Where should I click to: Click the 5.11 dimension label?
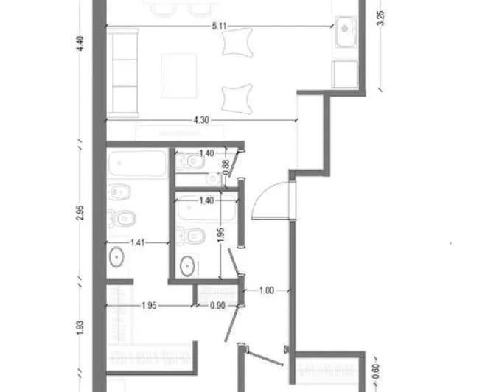[219, 27]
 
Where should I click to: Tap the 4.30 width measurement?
[201, 120]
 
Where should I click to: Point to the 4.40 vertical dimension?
[80, 43]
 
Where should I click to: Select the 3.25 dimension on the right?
[380, 18]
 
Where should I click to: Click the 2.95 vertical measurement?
[80, 213]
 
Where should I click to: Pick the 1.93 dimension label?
[80, 328]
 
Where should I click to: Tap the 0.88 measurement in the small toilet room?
[226, 167]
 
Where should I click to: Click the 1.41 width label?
[137, 243]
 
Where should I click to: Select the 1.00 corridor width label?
[267, 290]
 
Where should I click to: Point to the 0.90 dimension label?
[217, 306]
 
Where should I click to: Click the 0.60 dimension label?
[376, 371]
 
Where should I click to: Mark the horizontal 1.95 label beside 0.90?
[149, 306]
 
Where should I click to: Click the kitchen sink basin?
[346, 32]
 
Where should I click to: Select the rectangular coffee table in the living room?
[178, 76]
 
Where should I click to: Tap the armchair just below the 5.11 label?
[237, 43]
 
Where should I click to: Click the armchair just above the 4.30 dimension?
[237, 99]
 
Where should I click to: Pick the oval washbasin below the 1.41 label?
[116, 256]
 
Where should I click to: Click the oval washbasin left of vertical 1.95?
[187, 266]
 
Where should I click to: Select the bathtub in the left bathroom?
[138, 163]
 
